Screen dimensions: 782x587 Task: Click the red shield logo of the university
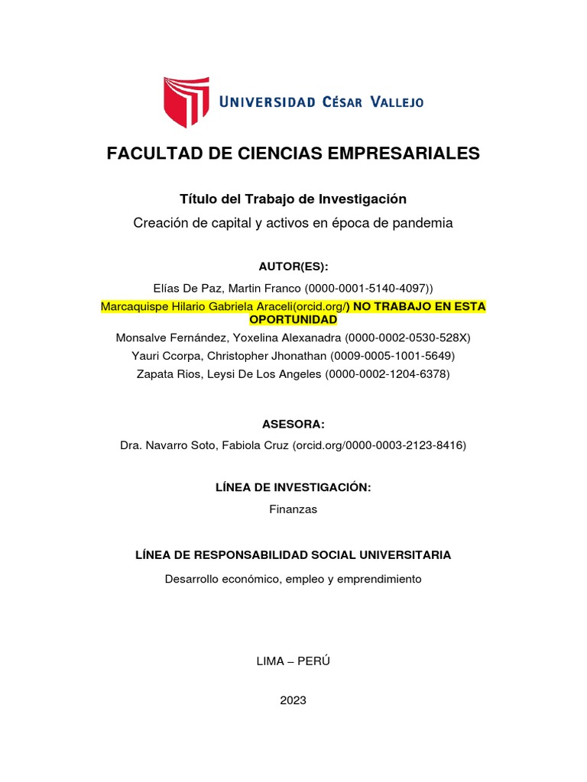186,101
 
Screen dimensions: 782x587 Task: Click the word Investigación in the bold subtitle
362,199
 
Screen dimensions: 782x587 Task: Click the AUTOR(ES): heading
293,266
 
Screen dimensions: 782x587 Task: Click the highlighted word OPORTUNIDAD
293,318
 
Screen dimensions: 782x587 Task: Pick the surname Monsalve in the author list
142,337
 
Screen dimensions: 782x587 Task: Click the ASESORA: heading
293,424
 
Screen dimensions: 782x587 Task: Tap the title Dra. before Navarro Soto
131,444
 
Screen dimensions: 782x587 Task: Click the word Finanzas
293,509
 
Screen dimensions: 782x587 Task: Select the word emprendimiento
379,579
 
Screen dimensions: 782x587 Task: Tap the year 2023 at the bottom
293,700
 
